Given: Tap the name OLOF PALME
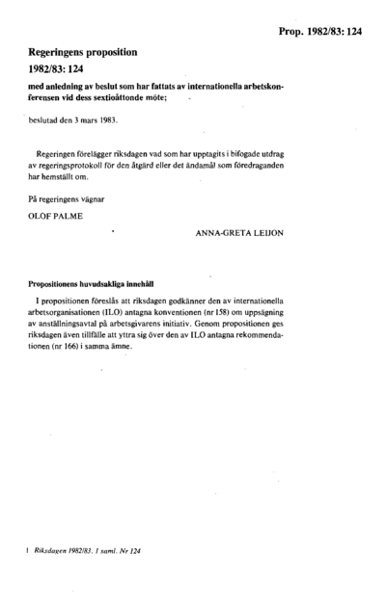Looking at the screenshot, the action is click(x=57, y=218).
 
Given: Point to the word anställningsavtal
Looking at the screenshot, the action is click(x=74, y=326).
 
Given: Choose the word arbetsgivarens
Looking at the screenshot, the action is click(x=165, y=326).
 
